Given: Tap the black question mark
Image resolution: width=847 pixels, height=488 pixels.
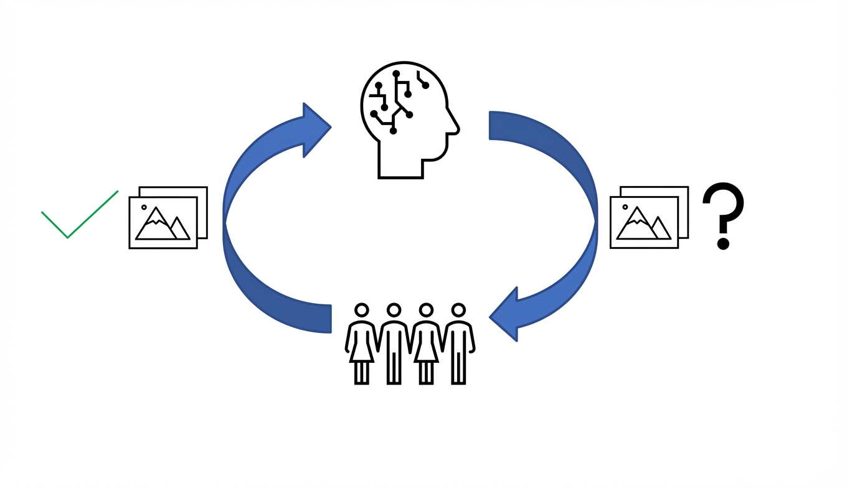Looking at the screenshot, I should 724,209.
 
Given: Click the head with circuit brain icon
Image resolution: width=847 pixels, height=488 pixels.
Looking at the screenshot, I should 408,118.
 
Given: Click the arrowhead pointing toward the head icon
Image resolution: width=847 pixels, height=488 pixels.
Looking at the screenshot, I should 315,129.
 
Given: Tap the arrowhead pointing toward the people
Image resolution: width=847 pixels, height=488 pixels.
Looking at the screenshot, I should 506,314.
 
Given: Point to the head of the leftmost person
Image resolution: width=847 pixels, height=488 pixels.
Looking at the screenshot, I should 361,310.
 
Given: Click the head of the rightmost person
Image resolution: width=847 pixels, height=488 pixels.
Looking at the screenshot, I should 459,310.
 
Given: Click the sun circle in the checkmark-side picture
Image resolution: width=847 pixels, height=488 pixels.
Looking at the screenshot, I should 144,207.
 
